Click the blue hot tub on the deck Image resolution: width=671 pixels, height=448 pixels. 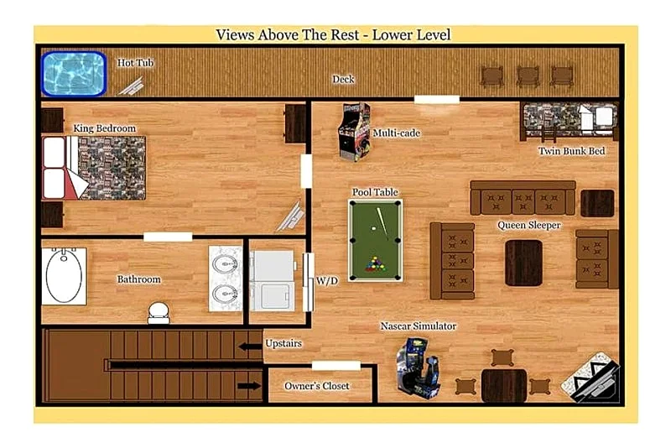74,74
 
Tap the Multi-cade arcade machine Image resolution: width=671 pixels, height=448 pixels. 354,132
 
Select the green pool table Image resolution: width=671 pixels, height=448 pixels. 375,241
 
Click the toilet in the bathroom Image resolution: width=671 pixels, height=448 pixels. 159,313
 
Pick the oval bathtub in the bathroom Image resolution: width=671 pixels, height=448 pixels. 65,276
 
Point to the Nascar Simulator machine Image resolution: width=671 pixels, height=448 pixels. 418,367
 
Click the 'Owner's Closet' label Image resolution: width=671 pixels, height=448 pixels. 317,386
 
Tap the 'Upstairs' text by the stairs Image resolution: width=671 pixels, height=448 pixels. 283,343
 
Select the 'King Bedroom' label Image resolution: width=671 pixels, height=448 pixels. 104,128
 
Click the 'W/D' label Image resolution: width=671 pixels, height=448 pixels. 327,281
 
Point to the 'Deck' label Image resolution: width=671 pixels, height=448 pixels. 343,79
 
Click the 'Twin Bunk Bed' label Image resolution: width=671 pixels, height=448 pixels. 572,151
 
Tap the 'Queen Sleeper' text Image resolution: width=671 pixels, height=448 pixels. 528,225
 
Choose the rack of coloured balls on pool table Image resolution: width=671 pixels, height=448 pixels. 375,264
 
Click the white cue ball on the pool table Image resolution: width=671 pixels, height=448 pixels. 373,228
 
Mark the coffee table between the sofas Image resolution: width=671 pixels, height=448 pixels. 523,263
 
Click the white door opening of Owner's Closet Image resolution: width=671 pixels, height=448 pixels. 336,366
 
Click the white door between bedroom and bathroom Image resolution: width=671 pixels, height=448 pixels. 168,237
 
